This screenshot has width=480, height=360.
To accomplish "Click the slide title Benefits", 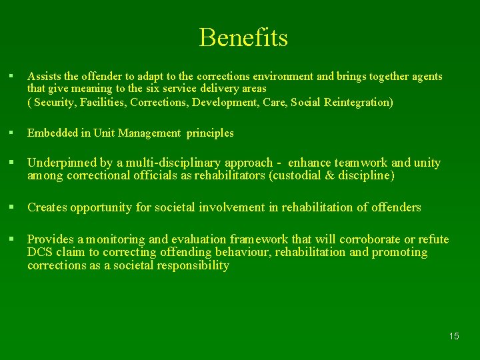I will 243,37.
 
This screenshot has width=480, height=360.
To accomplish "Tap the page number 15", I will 453,336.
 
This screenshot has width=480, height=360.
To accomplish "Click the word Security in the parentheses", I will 55,102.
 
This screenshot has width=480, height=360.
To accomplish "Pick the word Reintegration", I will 358,102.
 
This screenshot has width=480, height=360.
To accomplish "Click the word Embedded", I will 51,133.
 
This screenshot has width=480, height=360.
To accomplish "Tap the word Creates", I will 46,207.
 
